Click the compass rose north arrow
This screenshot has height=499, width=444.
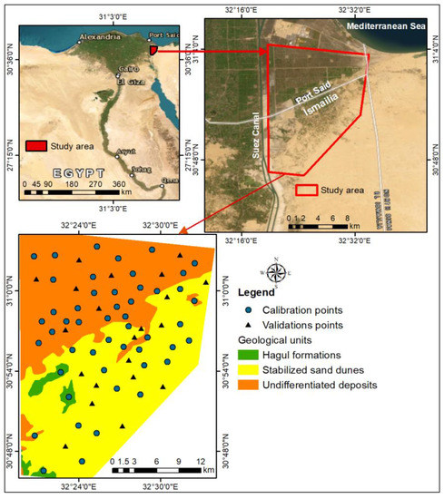(278, 271)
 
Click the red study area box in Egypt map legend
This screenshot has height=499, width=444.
(36, 145)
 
